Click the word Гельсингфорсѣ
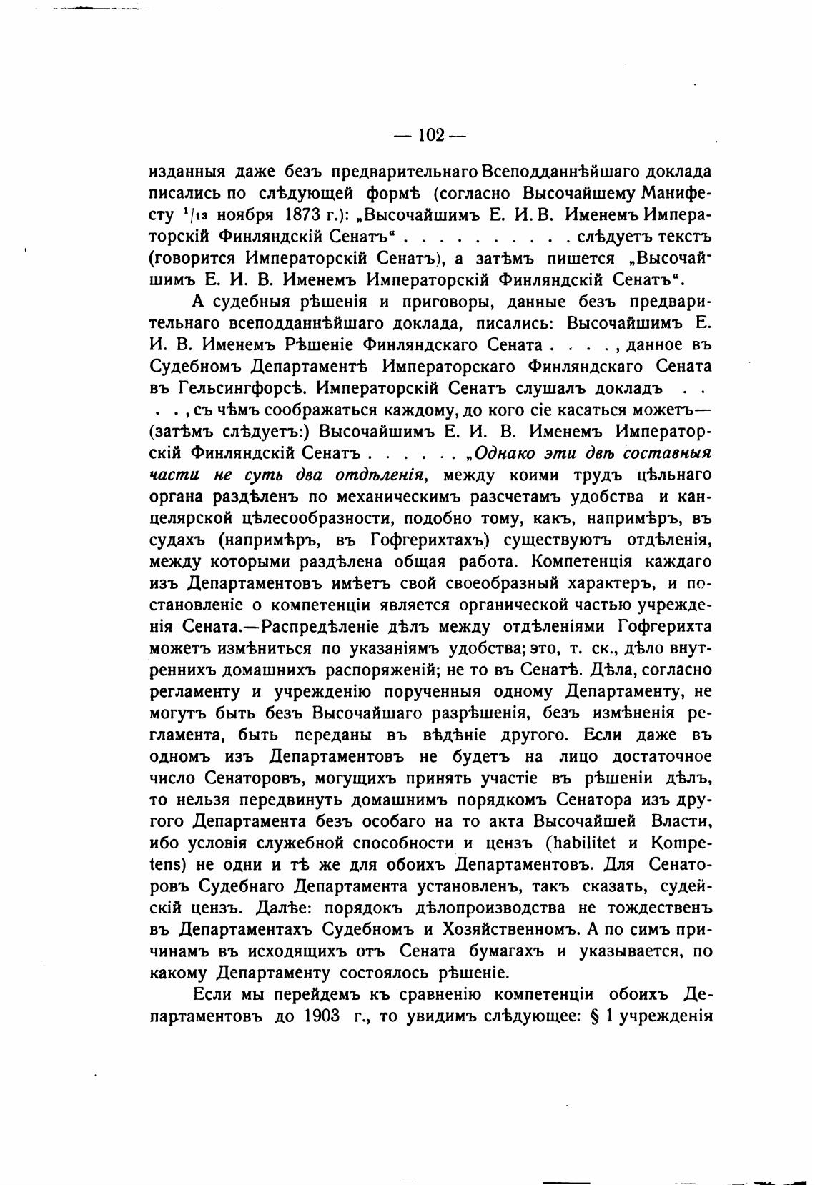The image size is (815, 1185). pos(236,390)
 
